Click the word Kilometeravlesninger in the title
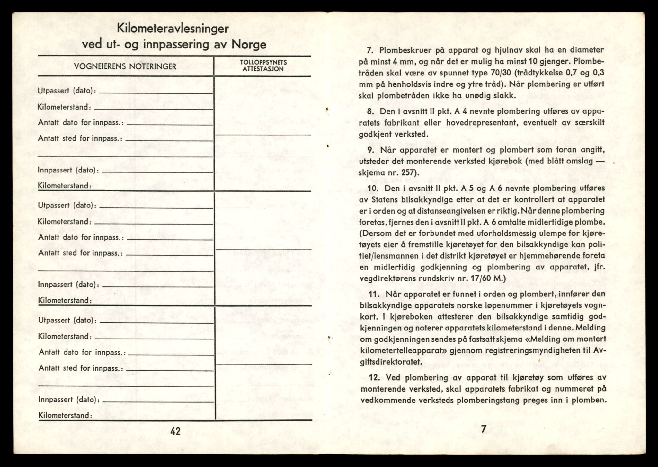(x=173, y=29)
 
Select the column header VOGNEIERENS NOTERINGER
(x=125, y=66)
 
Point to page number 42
(x=175, y=432)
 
